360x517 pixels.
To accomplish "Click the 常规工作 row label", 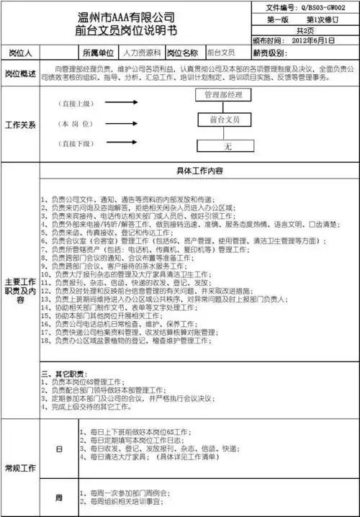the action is tap(21, 469).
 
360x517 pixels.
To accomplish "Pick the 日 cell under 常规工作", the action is tap(59, 448).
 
